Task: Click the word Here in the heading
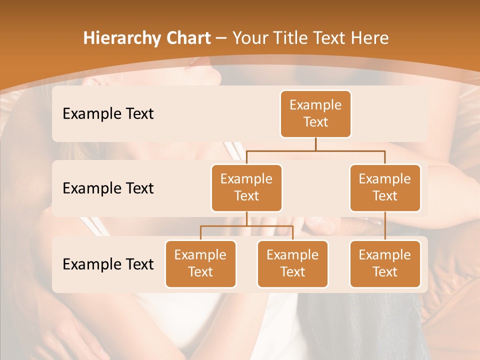point(369,38)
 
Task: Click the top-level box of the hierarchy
point(315,114)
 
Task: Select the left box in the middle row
point(246,187)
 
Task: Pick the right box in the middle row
point(385,187)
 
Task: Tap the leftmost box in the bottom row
point(200,263)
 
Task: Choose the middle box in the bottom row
point(292,263)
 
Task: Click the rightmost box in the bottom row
point(385,263)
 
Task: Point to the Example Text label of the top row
point(108,114)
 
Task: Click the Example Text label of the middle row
point(108,188)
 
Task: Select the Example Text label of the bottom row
point(108,264)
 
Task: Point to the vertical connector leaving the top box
point(315,144)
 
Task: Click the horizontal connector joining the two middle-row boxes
point(315,150)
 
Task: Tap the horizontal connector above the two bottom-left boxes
point(246,226)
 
